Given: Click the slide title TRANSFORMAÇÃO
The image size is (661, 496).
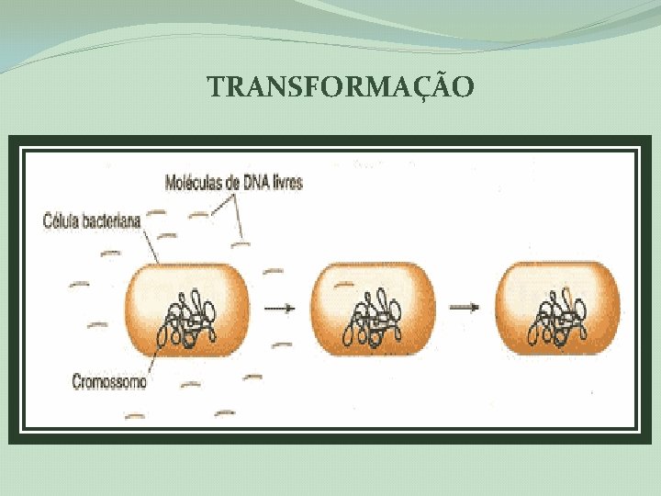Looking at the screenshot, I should click(341, 87).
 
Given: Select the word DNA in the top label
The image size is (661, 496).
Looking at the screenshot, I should click(257, 183).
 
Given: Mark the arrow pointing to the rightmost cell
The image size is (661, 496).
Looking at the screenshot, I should click(465, 308).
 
